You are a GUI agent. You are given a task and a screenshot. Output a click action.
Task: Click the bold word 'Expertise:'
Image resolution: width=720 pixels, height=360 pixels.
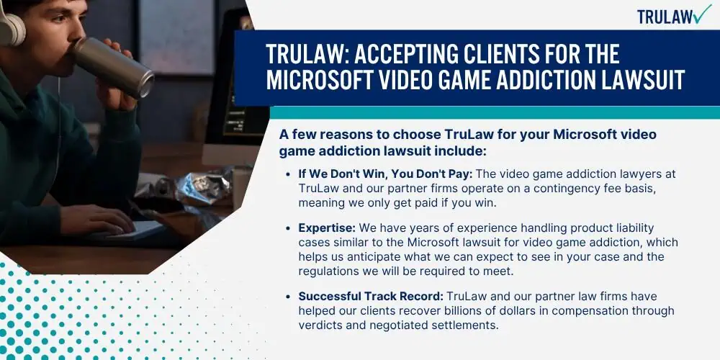click(328, 228)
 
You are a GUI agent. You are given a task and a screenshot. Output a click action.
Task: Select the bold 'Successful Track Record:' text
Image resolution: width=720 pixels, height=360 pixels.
click(371, 296)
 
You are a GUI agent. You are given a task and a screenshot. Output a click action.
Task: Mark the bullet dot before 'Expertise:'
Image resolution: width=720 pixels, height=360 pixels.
click(288, 228)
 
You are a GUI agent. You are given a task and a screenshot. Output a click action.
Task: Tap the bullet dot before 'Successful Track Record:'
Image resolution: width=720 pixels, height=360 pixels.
click(288, 296)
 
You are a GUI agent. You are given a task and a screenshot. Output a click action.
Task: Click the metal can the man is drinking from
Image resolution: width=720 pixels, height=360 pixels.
click(114, 67)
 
